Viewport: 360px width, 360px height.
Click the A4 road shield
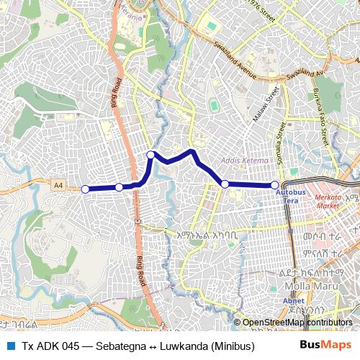[x=58, y=186]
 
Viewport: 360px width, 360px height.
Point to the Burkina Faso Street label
[x=323, y=114]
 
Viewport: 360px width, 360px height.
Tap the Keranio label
[x=133, y=12]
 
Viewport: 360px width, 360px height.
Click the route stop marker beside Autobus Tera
[x=275, y=185]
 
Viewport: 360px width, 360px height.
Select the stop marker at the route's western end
[x=85, y=189]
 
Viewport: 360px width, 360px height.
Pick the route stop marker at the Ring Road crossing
[x=120, y=187]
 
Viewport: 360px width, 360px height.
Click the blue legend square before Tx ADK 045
[x=10, y=346]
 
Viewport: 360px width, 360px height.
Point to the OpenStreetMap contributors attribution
[x=297, y=323]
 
